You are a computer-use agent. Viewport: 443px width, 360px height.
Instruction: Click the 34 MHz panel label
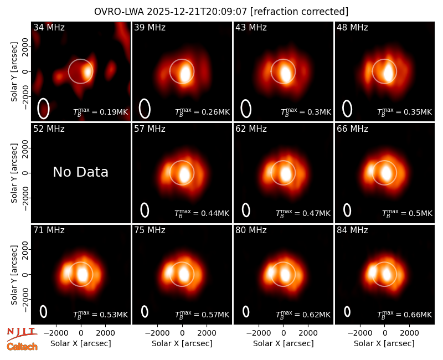(49, 27)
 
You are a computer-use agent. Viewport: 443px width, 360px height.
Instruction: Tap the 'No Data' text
(80, 172)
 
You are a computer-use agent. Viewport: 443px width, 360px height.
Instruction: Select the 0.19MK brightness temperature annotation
(101, 112)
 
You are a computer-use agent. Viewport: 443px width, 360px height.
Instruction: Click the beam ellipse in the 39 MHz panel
(145, 109)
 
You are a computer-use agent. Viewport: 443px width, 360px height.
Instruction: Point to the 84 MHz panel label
(352, 230)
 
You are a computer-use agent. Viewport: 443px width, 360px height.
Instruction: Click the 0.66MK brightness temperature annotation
(405, 315)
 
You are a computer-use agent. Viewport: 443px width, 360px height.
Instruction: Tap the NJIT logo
(22, 333)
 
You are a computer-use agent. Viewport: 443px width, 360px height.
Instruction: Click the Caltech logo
(22, 347)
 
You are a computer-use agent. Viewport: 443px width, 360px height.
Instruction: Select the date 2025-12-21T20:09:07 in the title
(197, 12)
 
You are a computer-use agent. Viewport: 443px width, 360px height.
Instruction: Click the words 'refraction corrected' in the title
(299, 12)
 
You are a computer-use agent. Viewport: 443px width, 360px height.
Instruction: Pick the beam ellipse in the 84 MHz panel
(347, 312)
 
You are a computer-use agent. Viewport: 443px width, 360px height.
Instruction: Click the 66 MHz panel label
(352, 129)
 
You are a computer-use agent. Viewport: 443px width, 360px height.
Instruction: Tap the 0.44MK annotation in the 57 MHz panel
(202, 213)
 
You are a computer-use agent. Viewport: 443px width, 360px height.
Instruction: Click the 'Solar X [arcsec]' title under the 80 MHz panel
(284, 343)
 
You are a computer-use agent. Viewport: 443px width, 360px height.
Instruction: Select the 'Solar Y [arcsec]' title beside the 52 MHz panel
(14, 173)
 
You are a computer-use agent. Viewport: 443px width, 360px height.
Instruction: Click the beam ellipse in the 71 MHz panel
(43, 311)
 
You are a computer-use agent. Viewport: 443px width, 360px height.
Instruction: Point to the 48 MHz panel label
(352, 27)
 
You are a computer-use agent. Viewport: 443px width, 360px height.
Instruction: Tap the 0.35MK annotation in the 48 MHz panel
(405, 112)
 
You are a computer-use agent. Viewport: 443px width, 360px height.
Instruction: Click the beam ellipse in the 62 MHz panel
(246, 210)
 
